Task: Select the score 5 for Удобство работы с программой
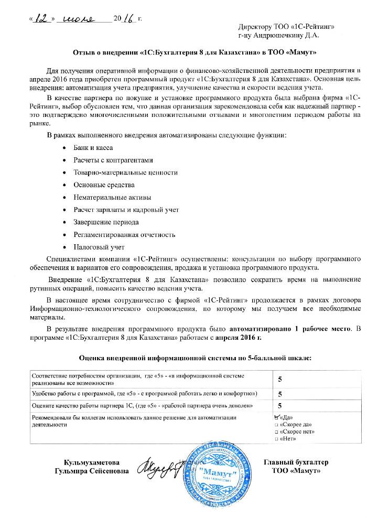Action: [x=279, y=394]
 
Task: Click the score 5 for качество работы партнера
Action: [x=279, y=405]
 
